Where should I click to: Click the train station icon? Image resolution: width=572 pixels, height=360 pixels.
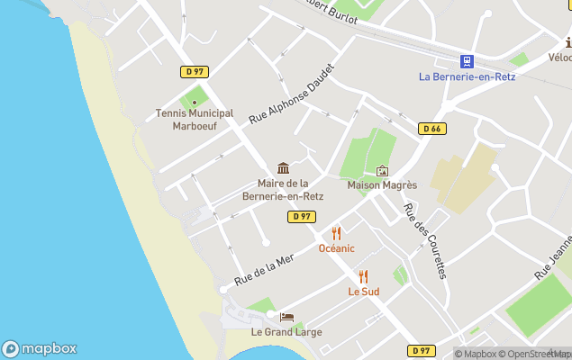point(467,61)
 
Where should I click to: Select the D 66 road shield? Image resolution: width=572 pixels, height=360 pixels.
point(432,129)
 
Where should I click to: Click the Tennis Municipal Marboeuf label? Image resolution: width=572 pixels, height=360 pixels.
point(195,120)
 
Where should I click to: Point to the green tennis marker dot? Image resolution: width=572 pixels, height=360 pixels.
point(194,102)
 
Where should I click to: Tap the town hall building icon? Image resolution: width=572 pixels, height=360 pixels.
point(284,168)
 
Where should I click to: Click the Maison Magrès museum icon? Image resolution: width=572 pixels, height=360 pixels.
point(382,171)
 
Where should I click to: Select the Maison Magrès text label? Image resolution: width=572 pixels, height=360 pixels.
point(382,185)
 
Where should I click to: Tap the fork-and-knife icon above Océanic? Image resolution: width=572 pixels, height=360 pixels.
point(336,233)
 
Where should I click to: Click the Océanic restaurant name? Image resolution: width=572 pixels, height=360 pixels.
point(336,248)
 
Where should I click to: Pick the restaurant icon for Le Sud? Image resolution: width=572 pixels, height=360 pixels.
point(363,277)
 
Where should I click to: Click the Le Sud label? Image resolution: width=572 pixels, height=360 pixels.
point(363,292)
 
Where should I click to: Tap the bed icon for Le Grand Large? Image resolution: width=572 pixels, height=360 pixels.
point(286,317)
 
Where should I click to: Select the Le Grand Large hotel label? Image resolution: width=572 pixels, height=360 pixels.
point(286,332)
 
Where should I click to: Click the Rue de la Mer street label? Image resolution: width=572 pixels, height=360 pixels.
point(264,270)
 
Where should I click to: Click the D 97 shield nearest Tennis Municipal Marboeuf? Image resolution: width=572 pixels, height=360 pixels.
point(194,71)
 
